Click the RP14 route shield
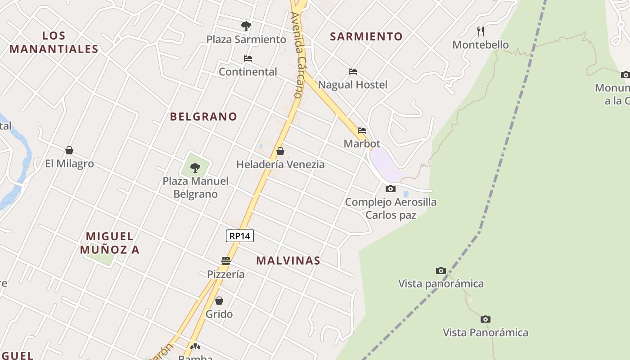click(x=240, y=235)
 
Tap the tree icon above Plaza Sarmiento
click(x=246, y=26)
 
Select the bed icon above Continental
click(x=248, y=58)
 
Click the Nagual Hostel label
click(x=352, y=85)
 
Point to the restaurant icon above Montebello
click(x=481, y=31)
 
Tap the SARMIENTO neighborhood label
click(x=366, y=36)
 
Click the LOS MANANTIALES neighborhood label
click(x=54, y=42)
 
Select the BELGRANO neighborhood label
click(x=203, y=117)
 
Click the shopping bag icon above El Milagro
click(x=69, y=150)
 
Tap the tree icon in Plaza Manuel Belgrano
click(x=195, y=168)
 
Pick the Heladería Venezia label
click(x=280, y=164)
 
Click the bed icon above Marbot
click(x=362, y=130)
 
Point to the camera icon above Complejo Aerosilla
click(x=391, y=189)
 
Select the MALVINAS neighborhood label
click(x=288, y=261)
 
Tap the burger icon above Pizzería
click(x=226, y=261)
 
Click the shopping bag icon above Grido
click(x=219, y=300)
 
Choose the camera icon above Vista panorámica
click(x=441, y=270)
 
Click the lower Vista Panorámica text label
click(x=486, y=333)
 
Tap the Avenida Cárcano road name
click(x=297, y=55)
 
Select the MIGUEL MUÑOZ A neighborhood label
click(x=110, y=243)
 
